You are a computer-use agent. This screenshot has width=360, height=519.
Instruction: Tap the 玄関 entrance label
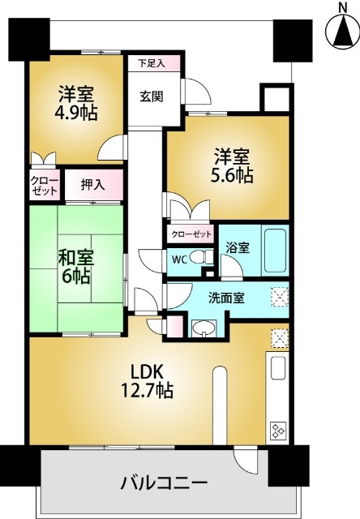tap(151, 96)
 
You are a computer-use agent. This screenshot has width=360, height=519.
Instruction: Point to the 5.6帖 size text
tap(234, 174)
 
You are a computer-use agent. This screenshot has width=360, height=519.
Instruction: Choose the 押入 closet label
tap(92, 185)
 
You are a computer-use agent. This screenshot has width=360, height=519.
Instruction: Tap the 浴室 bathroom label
tap(238, 249)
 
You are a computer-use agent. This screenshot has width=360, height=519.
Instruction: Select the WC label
tap(180, 259)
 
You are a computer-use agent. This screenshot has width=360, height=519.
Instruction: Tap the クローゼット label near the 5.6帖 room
tap(191, 234)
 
